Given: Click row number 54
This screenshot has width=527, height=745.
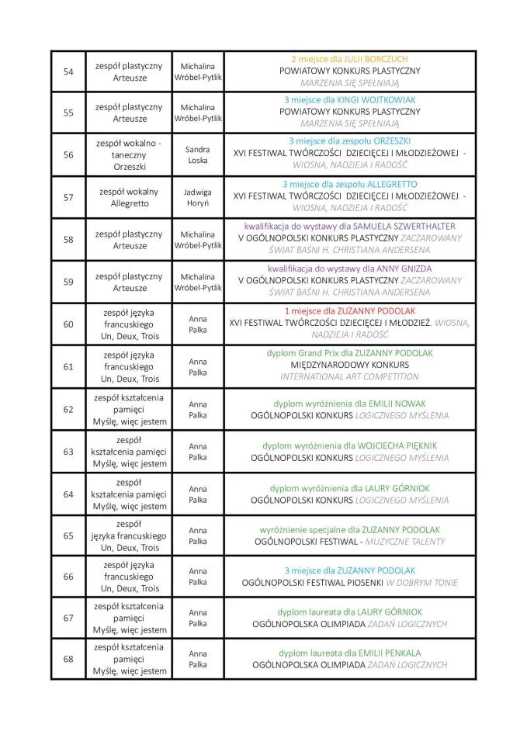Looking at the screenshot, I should pos(68,71).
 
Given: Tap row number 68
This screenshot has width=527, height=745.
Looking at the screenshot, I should pos(68,659).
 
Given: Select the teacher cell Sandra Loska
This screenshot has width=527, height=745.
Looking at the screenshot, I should pos(198,154).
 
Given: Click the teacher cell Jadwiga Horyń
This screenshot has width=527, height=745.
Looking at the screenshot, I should pos(198,197).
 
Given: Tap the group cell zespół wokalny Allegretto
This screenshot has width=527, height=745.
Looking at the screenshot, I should pos(129,197).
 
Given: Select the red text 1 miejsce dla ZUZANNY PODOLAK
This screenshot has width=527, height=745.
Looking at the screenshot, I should pos(349,310).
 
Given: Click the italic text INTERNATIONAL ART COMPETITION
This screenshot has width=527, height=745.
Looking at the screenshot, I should pos(349,377).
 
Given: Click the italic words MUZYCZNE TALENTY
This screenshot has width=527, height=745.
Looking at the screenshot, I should pos(412,541).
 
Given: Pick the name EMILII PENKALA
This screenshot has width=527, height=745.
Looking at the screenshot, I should pos(386,653).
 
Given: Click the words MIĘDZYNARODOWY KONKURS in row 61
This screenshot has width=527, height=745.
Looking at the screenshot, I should pos(349,365).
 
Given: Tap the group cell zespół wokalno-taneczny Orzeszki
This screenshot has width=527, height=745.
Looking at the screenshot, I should pos(129,154).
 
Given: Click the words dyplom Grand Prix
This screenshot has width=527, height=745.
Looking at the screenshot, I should pos(296,353).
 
